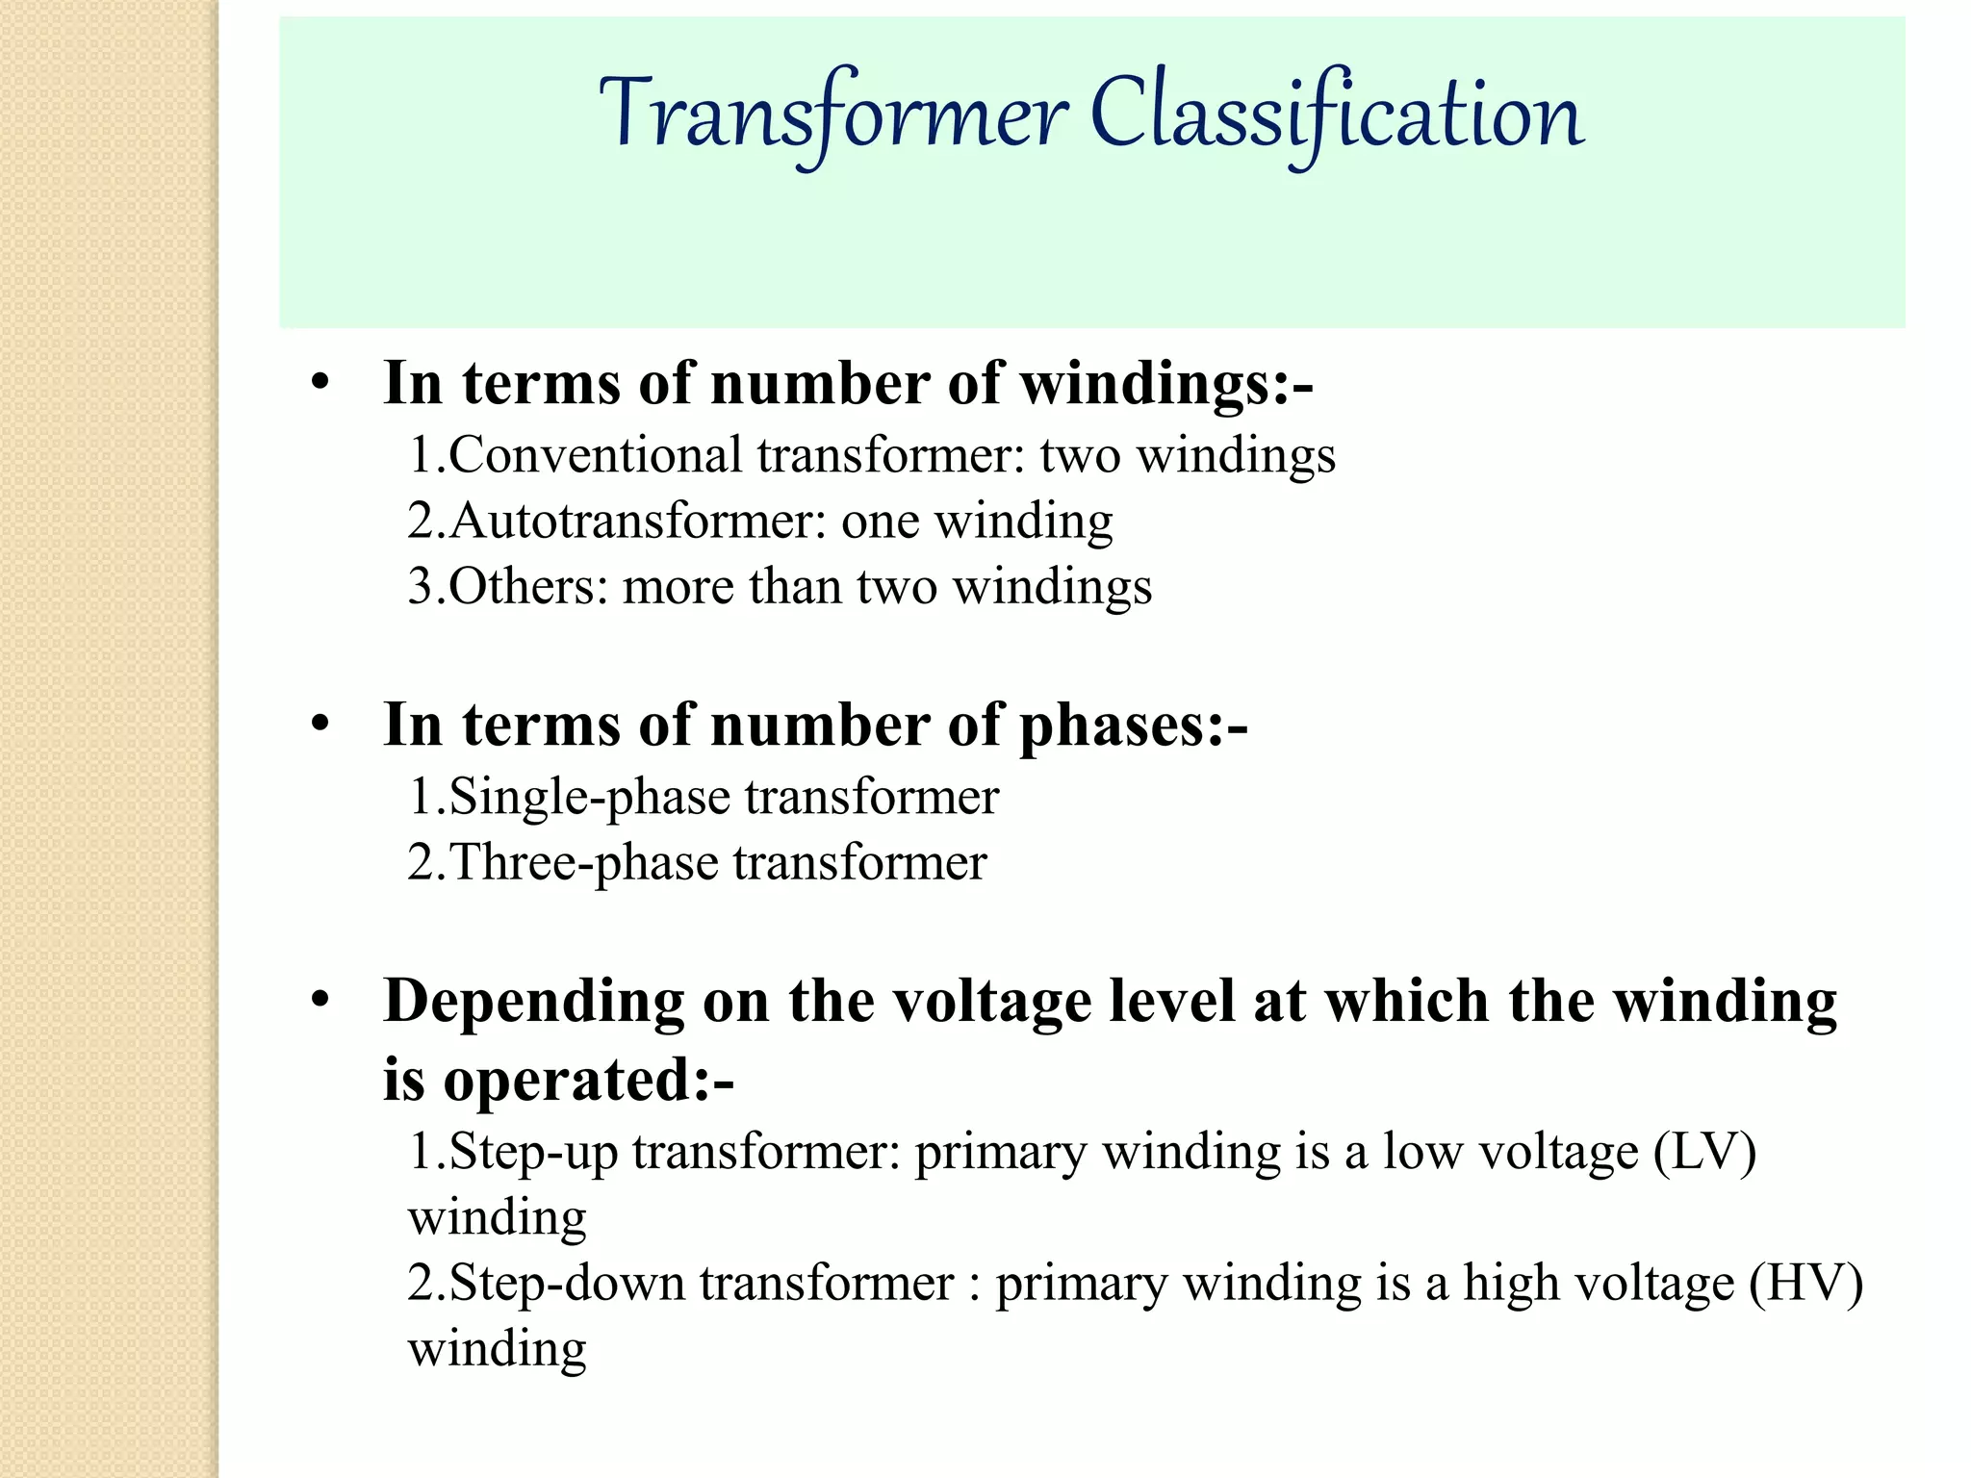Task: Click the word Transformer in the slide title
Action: coord(833,116)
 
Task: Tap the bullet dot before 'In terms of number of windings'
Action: coord(320,384)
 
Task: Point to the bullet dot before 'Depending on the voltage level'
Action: coord(320,1002)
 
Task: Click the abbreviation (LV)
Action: coord(1704,1152)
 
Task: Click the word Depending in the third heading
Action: coord(533,1004)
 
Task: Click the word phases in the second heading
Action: coord(1121,726)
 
